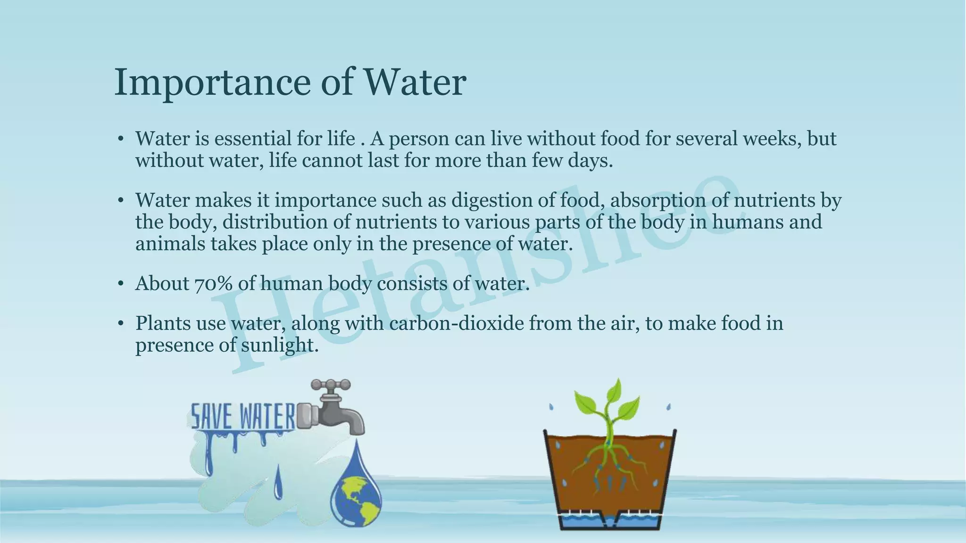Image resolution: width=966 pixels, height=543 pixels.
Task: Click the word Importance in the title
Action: [x=212, y=82]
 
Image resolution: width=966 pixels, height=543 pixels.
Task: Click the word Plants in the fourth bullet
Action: [x=162, y=323]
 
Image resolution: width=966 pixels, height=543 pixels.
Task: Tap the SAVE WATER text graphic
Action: [x=242, y=416]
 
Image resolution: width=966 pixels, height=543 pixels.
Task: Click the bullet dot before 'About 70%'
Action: [x=121, y=284]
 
